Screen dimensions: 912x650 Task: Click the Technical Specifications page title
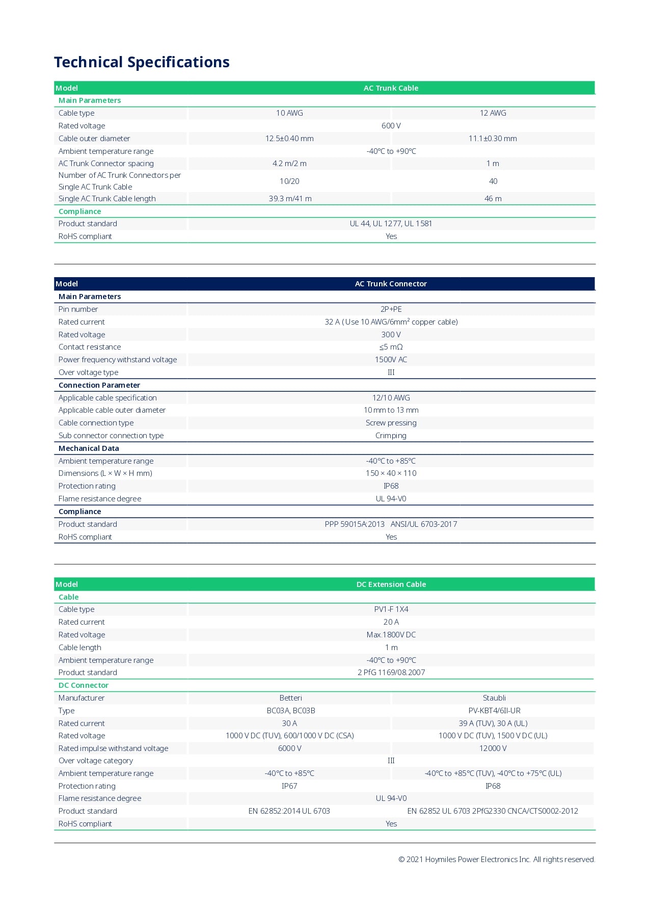point(142,62)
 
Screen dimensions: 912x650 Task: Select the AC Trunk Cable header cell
point(391,88)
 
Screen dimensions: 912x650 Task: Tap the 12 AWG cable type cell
point(493,113)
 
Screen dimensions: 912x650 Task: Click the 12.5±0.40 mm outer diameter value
point(289,139)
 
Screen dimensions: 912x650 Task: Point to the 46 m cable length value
point(493,199)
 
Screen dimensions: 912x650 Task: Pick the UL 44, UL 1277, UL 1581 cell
point(391,224)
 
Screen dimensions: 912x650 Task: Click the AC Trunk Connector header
point(391,284)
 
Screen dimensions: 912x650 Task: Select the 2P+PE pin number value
point(391,309)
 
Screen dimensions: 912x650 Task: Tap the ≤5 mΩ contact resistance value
point(391,347)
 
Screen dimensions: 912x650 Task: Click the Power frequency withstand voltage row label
point(118,360)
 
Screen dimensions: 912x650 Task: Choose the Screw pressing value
point(391,423)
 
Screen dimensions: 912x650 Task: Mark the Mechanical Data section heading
point(89,448)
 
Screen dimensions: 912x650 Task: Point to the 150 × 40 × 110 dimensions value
point(391,473)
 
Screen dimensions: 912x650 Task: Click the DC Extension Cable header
point(391,584)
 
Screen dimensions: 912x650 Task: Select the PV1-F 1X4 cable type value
point(391,609)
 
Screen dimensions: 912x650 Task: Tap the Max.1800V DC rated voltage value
point(391,635)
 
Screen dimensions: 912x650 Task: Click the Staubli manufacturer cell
point(494,698)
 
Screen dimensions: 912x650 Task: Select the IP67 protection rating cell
point(289,786)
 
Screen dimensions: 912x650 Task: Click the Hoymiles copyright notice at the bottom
point(496,860)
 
